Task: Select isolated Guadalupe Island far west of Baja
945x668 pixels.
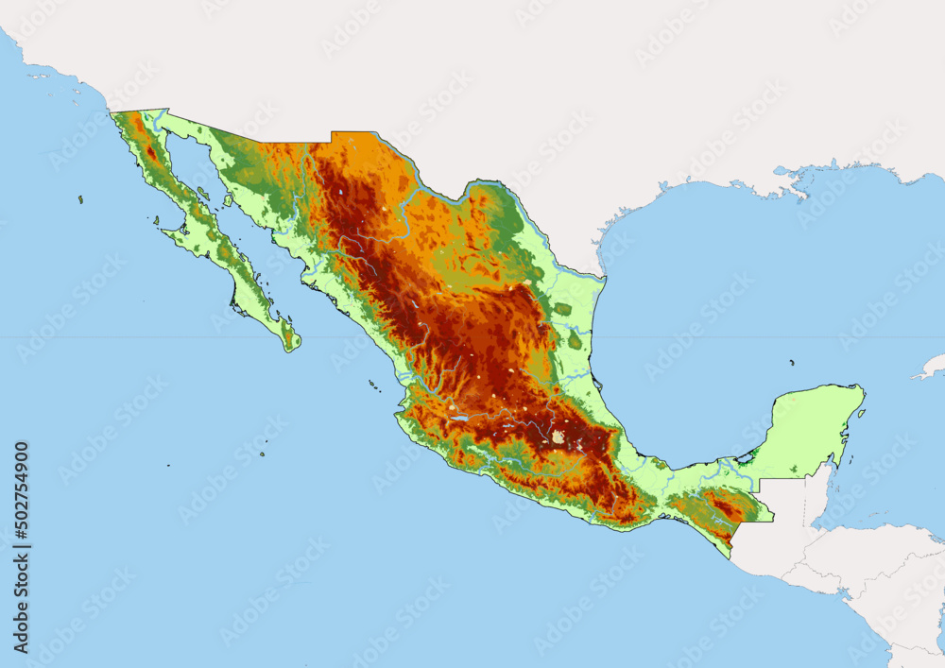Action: tap(80, 199)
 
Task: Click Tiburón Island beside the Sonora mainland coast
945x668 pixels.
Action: tap(203, 193)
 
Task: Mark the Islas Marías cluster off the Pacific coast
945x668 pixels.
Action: tap(374, 385)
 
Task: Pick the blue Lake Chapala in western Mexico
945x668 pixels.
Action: tap(460, 416)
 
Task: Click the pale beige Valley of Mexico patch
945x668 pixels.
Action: tap(558, 437)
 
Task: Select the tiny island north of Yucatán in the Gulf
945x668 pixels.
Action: tap(792, 362)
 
